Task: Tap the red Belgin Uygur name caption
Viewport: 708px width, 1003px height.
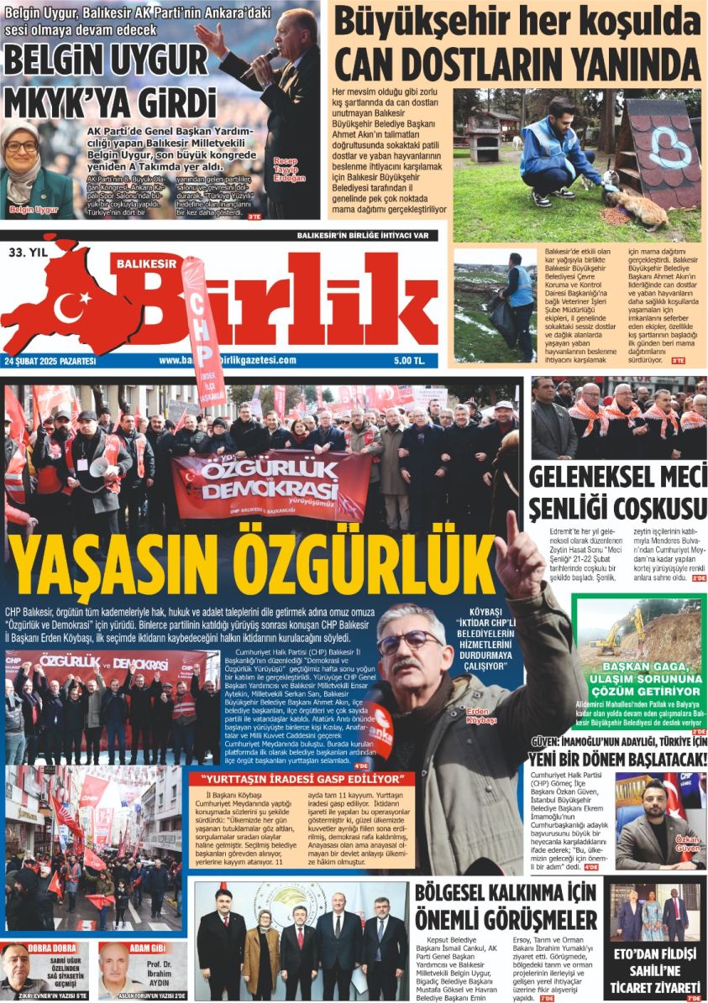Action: tap(34, 209)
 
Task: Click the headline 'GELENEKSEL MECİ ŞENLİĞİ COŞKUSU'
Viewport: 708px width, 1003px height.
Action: tap(617, 493)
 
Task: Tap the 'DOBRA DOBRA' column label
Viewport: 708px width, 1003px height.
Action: tap(53, 948)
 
